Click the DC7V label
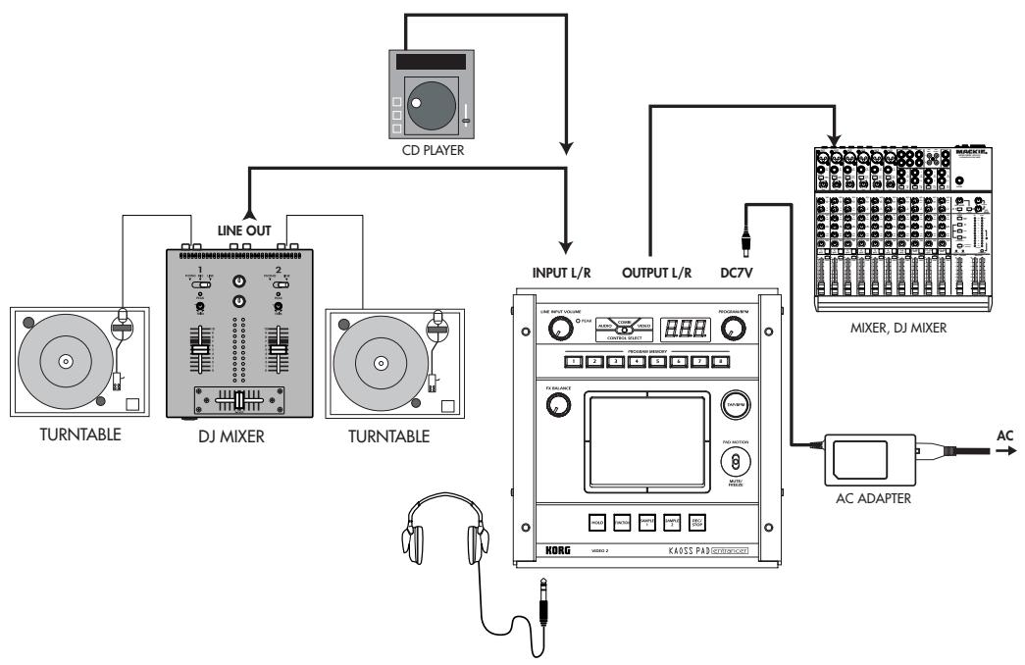(739, 274)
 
